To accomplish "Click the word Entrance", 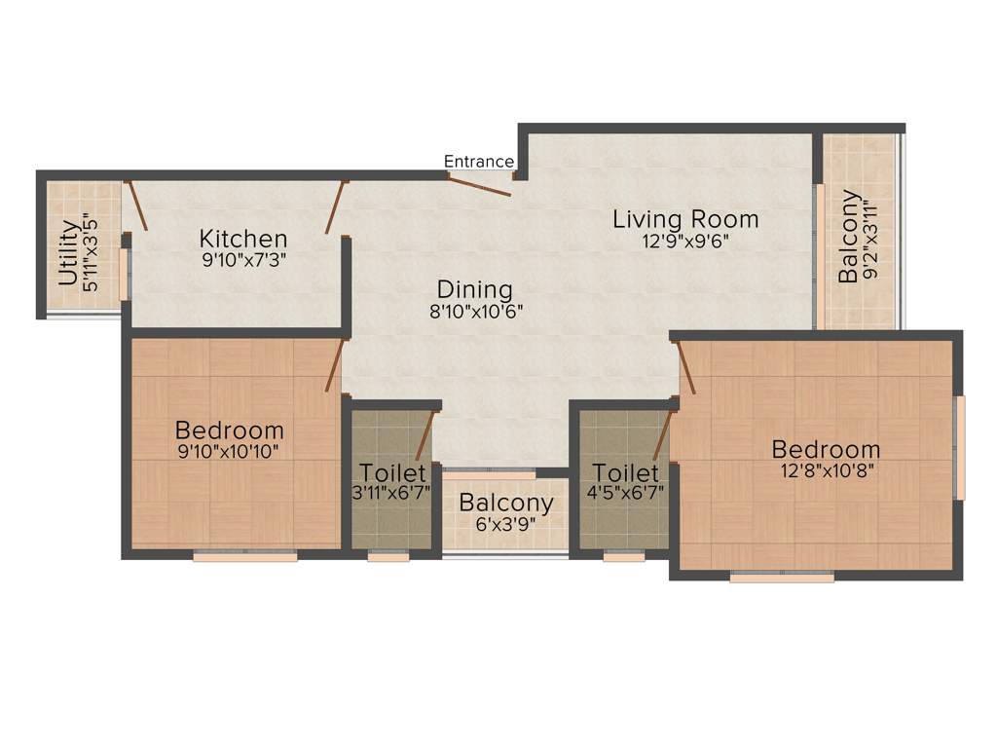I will [x=479, y=162].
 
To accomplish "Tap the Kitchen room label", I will [x=243, y=239].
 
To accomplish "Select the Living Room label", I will [x=684, y=219].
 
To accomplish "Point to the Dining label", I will [x=474, y=289].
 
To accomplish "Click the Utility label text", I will [x=68, y=253].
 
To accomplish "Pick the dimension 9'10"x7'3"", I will [x=243, y=260].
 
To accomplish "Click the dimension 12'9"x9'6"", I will [x=684, y=242].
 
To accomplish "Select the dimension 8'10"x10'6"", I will [x=474, y=312].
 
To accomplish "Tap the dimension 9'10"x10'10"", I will [x=229, y=452].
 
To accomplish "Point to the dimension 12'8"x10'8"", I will [x=826, y=471].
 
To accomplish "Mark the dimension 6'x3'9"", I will [x=506, y=524].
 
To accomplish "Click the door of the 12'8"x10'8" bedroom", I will [x=684, y=368].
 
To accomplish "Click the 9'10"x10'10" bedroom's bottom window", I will [x=244, y=557].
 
